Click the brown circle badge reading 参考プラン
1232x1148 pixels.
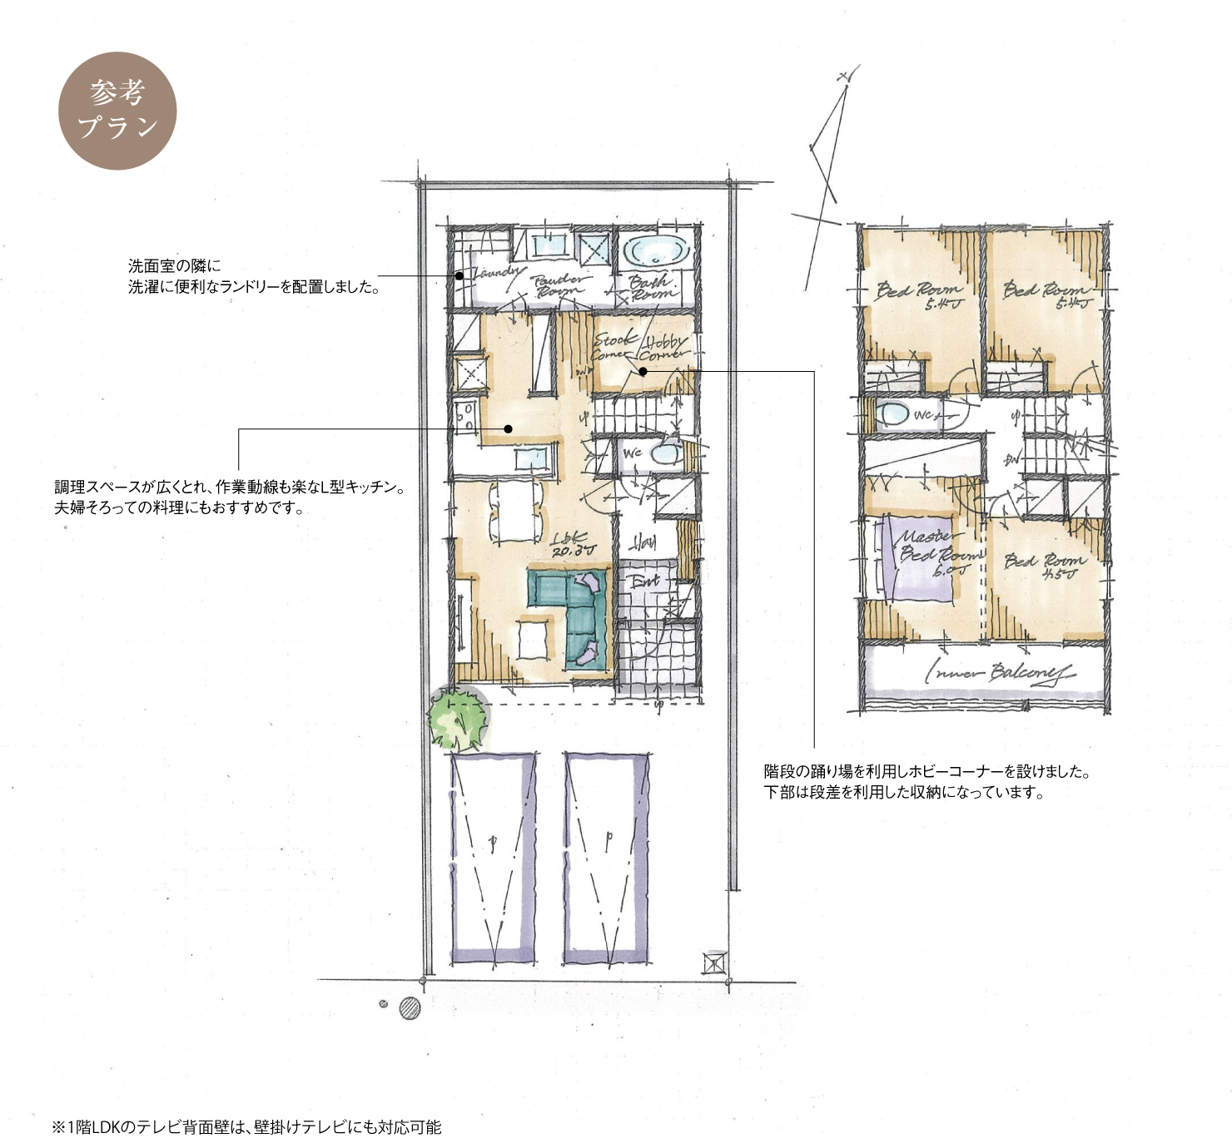click(x=117, y=111)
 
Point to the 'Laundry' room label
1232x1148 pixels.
click(x=497, y=271)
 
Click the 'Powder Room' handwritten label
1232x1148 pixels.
click(x=559, y=285)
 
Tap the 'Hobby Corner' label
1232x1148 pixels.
click(x=665, y=347)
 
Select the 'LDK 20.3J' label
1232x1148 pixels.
click(x=574, y=543)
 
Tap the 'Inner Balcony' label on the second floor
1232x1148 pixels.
click(x=999, y=673)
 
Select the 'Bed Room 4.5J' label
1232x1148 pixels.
click(x=1044, y=566)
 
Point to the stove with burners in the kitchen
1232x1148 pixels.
click(x=464, y=416)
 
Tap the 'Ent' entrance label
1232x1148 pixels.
click(x=643, y=581)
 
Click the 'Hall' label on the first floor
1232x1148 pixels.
click(x=643, y=543)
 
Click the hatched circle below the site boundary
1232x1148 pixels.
click(x=410, y=1008)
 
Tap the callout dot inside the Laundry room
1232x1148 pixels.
click(x=459, y=275)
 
